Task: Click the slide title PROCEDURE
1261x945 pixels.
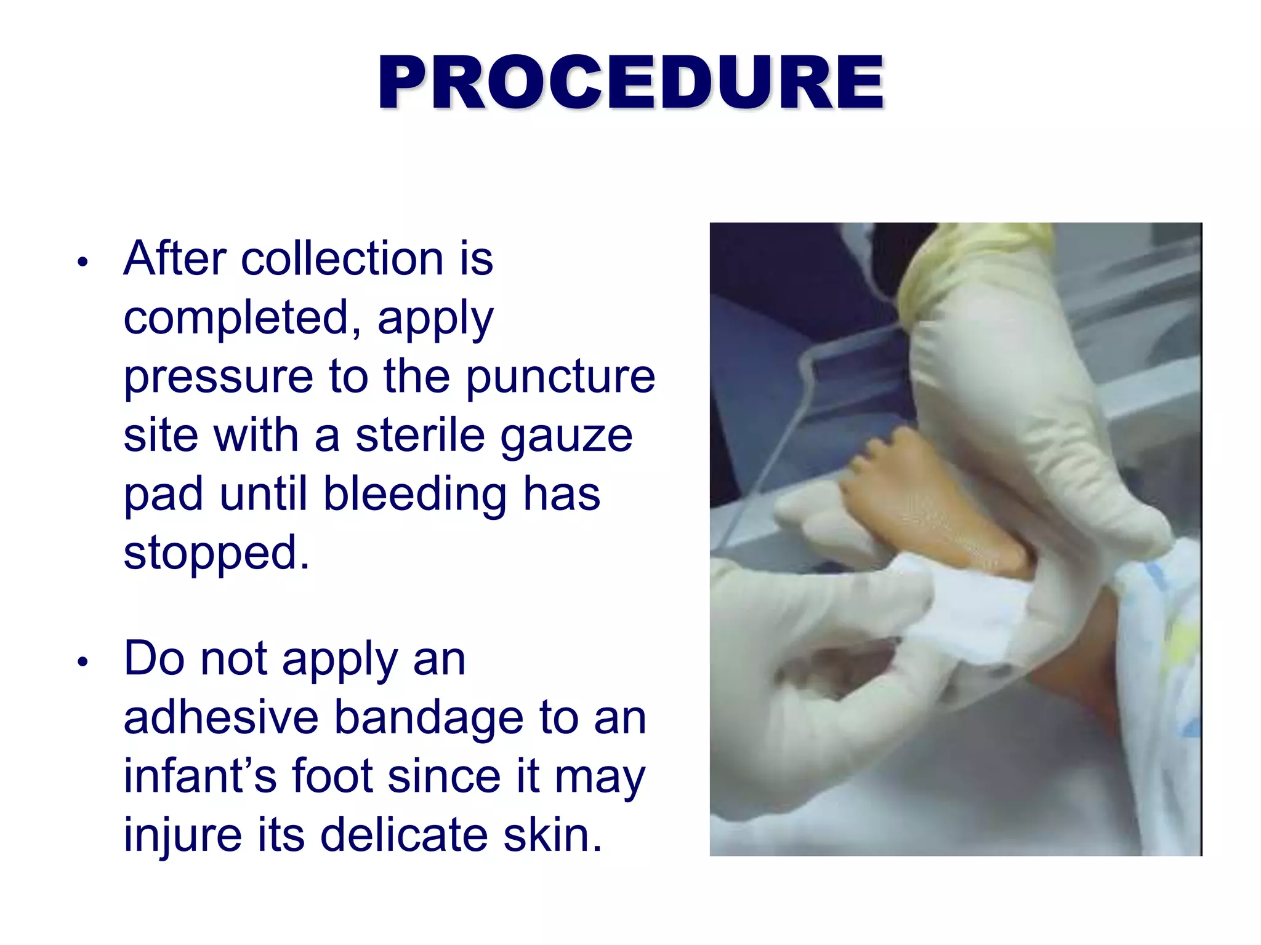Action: [630, 82]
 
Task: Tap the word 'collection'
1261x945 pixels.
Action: [342, 258]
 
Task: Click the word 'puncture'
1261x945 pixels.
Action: [560, 377]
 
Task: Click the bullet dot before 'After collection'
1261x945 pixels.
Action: [83, 262]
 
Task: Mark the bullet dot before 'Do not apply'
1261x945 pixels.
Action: [83, 662]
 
